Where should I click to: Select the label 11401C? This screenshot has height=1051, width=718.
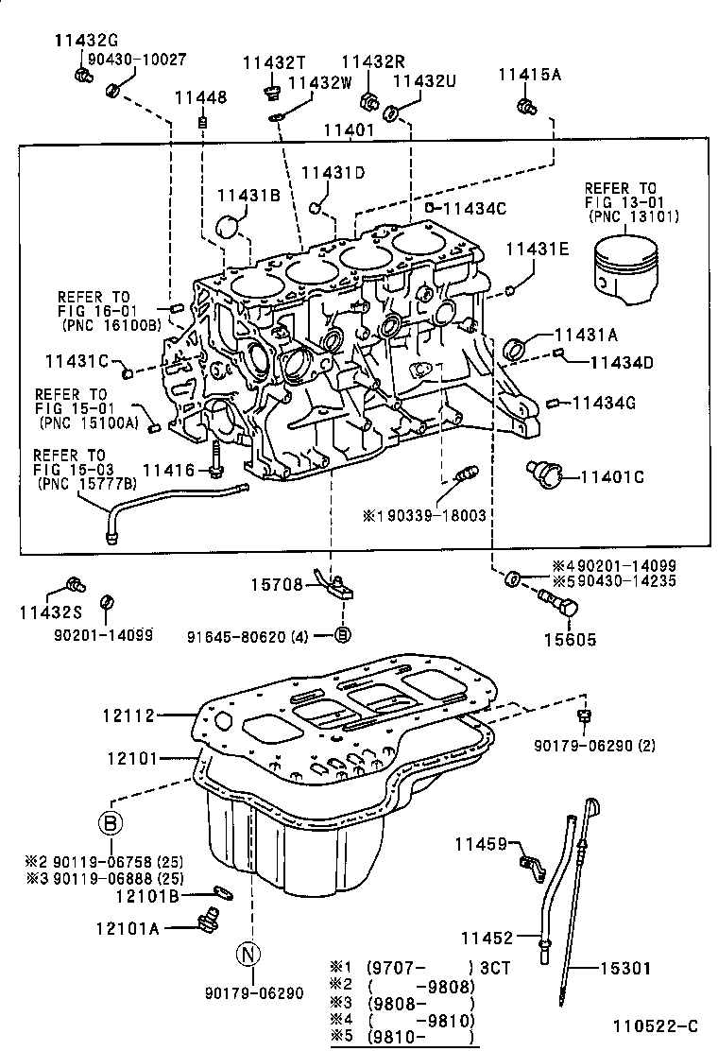click(x=611, y=478)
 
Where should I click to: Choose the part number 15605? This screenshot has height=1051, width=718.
click(x=571, y=640)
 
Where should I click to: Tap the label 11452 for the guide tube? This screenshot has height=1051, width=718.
click(x=487, y=938)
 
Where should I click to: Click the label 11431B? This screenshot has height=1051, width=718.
click(x=248, y=195)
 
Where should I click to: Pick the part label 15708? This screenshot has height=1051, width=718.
click(x=276, y=586)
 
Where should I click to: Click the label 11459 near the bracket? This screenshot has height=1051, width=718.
click(x=483, y=843)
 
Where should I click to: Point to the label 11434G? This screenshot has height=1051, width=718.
click(x=605, y=404)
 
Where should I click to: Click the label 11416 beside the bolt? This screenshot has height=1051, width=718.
click(x=169, y=470)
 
